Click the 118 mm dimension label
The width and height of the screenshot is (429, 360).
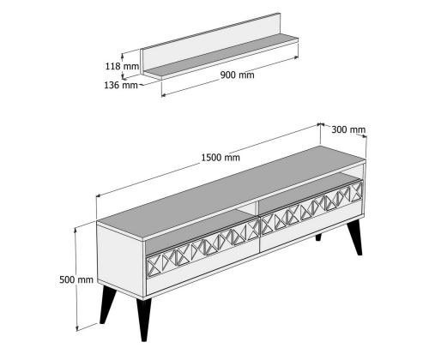[x=122, y=66]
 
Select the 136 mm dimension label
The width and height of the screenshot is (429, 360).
[x=121, y=85]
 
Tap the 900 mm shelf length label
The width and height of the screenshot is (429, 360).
[x=237, y=75]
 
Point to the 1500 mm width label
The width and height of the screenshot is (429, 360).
[x=221, y=158]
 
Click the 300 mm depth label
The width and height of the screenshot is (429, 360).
[x=348, y=129]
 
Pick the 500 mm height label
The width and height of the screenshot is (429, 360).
[x=76, y=279]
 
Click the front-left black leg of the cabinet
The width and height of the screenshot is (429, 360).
[x=107, y=304]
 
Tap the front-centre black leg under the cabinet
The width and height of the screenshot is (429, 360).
[x=143, y=320]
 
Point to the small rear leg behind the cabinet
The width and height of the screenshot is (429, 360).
[x=318, y=237]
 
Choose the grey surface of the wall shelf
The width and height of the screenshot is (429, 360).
[x=221, y=56]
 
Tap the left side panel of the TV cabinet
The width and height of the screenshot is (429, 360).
[x=121, y=260]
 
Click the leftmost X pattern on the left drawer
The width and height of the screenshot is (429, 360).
[x=154, y=266]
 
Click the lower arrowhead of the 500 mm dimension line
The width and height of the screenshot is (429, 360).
[x=77, y=328]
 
